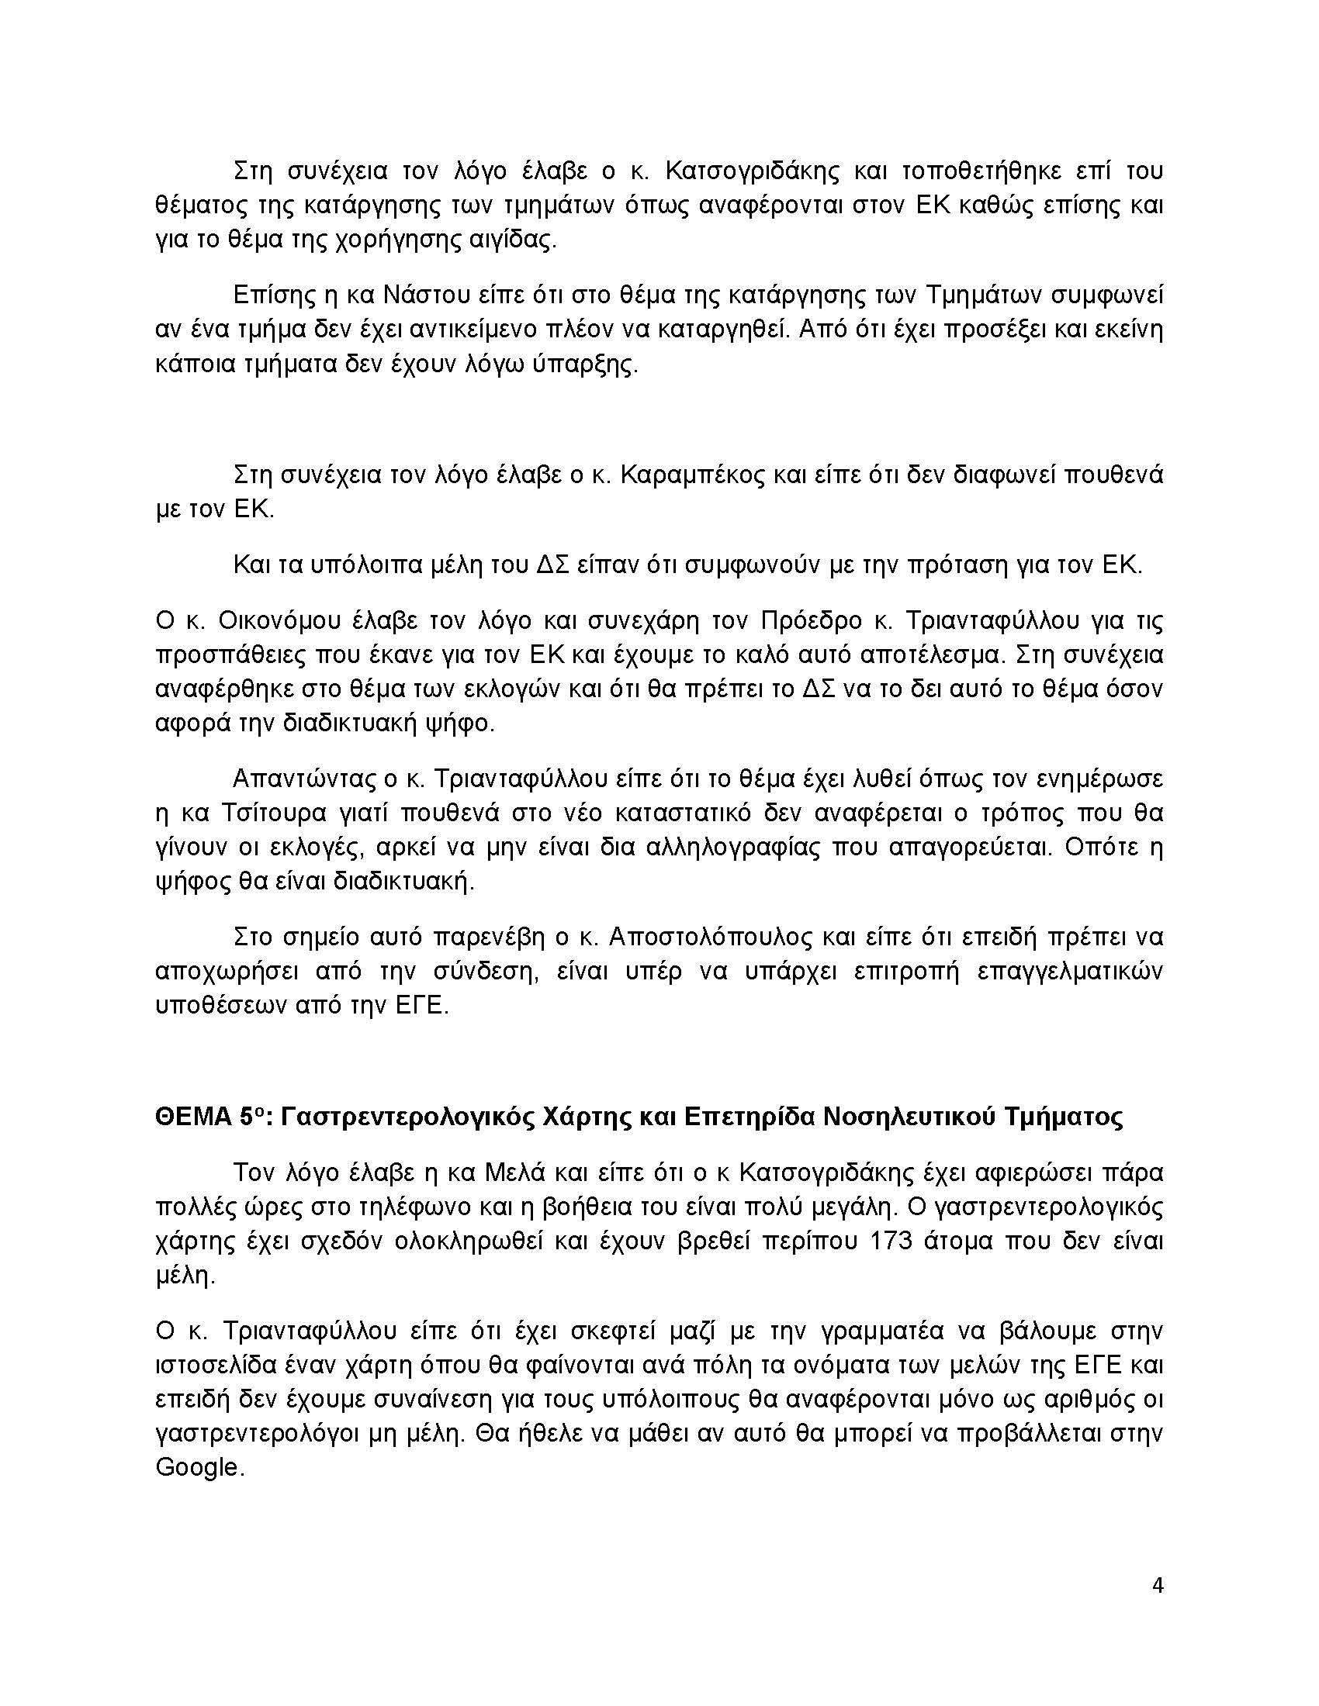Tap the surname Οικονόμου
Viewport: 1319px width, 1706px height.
pyautogui.click(x=269, y=620)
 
